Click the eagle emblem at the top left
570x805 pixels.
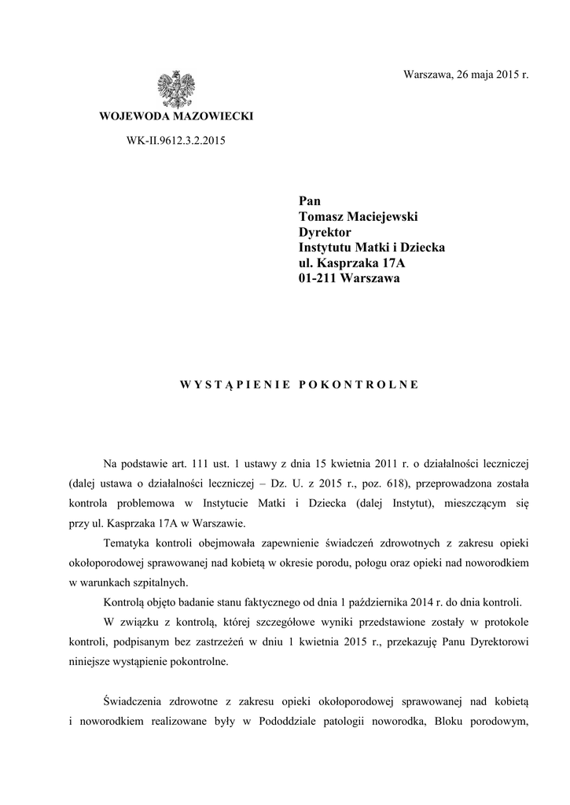coord(175,88)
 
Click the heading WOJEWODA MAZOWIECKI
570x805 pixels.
coord(175,117)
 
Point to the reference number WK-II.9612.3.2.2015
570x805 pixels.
coord(175,142)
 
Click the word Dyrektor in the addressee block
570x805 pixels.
coord(325,232)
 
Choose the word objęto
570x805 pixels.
coord(164,603)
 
